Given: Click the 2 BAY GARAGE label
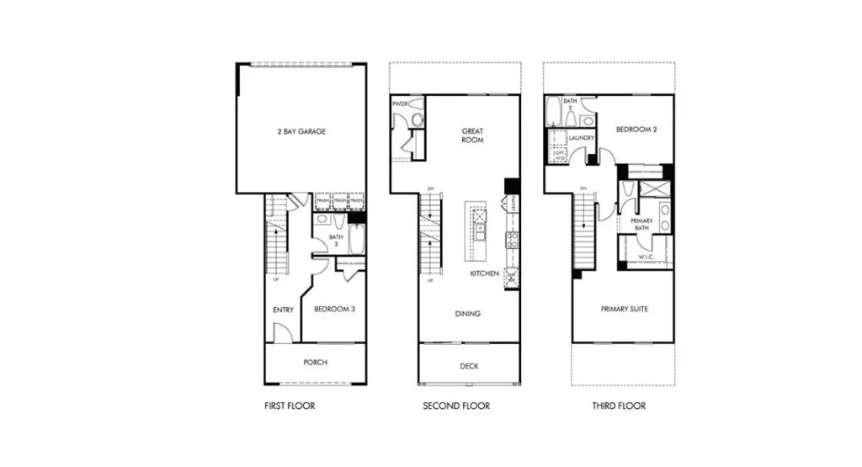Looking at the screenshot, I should coord(301,131).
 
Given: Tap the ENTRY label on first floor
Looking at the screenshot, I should coord(283,310).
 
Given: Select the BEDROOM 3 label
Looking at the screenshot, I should coord(334,310).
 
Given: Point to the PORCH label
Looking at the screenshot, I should coord(316,363).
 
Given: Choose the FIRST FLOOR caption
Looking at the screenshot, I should coord(289,406).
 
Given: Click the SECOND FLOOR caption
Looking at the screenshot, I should coord(455,406).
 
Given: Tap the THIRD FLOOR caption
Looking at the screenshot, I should coord(618,406).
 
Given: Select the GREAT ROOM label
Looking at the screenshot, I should coord(471,135).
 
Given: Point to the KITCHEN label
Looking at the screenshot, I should coord(484,273).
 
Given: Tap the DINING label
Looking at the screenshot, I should coord(467,314).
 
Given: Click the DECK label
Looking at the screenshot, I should coord(468,366).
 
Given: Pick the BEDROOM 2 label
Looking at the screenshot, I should coord(636,130).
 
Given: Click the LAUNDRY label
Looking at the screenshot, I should coord(582,138).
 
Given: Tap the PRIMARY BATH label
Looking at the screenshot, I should coord(642,224).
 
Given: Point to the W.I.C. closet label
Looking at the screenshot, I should coord(646,257).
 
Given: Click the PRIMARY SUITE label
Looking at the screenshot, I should coord(624,309).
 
